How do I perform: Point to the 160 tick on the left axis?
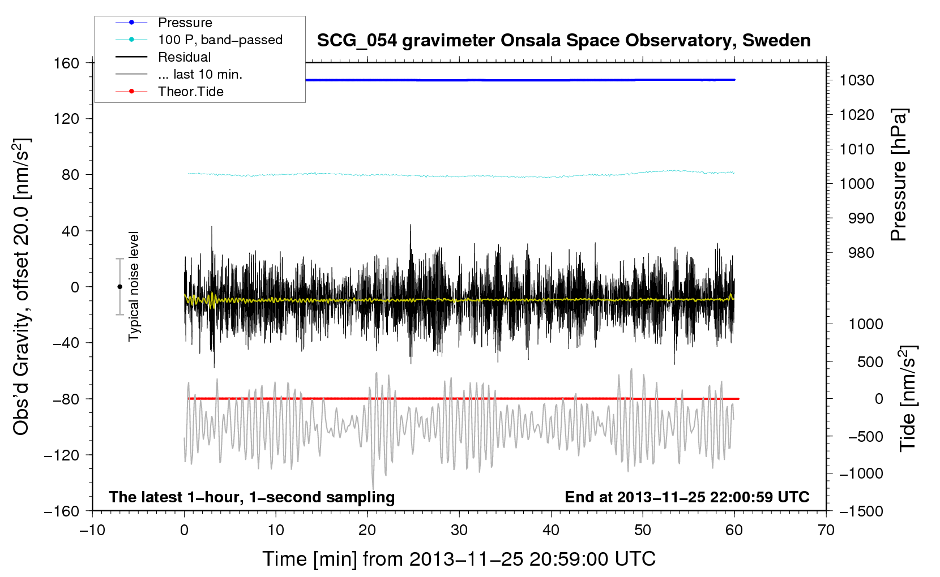pyautogui.click(x=67, y=63)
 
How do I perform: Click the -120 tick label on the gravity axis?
pyautogui.click(x=62, y=455)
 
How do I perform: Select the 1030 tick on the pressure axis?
pyautogui.click(x=857, y=80)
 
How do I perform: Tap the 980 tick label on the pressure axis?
pyautogui.click(x=861, y=253)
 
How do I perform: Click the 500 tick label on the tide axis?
pyautogui.click(x=870, y=362)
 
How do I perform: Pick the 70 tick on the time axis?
pyautogui.click(x=826, y=531)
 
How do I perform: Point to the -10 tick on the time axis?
pyautogui.click(x=92, y=531)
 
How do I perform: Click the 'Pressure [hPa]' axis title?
pyautogui.click(x=899, y=175)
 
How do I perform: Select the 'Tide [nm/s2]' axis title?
pyautogui.click(x=908, y=398)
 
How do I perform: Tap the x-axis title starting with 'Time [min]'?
pyautogui.click(x=459, y=559)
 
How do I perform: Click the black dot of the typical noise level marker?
pyautogui.click(x=119, y=287)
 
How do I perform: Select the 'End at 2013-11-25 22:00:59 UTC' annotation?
pyautogui.click(x=687, y=497)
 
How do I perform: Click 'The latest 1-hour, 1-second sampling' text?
pyautogui.click(x=252, y=497)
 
